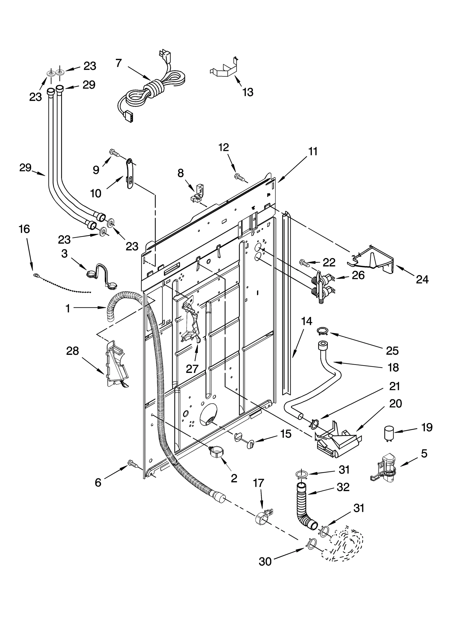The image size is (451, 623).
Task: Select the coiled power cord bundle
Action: point(154,90)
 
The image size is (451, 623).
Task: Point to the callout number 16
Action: point(25,229)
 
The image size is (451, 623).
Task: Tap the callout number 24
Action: point(422,279)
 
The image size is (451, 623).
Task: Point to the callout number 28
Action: point(72,351)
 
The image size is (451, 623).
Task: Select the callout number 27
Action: point(192,369)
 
